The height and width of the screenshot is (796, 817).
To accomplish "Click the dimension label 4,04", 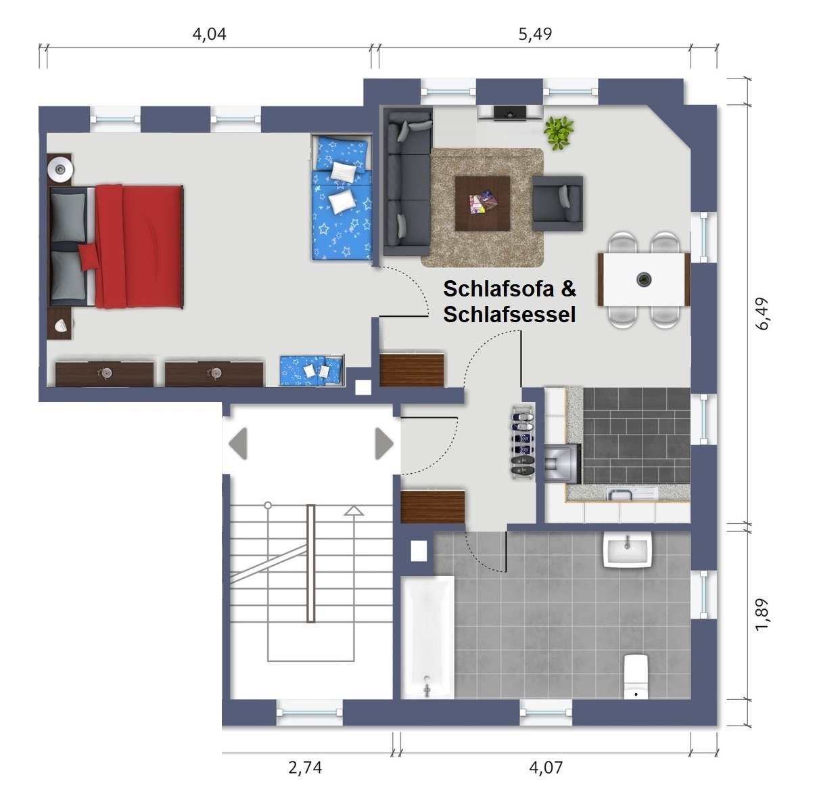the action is [x=209, y=34].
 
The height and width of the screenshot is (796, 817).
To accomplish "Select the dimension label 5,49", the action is [x=535, y=34].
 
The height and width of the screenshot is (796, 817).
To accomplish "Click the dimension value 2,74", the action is [x=305, y=768].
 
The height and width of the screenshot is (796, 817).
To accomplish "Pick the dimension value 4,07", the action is [x=546, y=768].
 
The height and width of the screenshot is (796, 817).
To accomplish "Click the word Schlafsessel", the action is [x=509, y=314].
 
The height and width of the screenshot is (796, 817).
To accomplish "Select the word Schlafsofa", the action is [x=498, y=289].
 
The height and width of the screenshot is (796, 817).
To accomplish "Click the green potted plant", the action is [x=559, y=133].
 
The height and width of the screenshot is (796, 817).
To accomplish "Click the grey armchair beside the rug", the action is [x=557, y=204].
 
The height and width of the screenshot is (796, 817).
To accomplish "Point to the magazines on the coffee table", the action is [x=483, y=201].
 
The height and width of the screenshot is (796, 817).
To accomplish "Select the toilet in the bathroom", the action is [x=636, y=676].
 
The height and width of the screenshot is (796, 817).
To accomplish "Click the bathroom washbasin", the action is [x=627, y=550].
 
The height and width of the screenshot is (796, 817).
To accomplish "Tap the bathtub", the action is [x=427, y=637].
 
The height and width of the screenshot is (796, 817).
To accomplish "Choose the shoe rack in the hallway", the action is [x=523, y=442].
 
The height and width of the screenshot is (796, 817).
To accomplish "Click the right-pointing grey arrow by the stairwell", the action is [x=384, y=443].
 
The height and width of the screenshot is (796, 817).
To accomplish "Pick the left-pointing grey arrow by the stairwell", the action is [x=238, y=443].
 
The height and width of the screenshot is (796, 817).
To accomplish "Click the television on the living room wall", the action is [x=510, y=112].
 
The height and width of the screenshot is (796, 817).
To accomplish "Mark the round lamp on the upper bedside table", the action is [x=60, y=169].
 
